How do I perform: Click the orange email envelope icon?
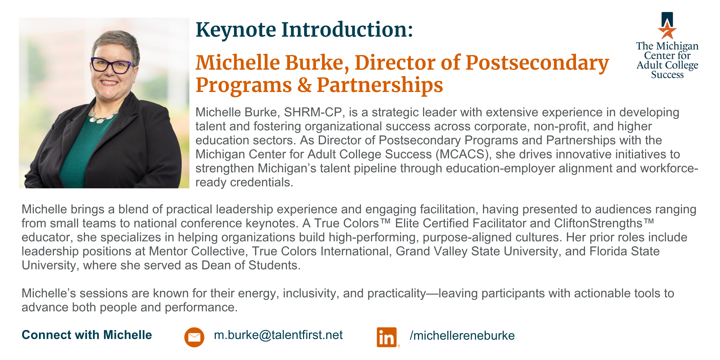pos(194,337)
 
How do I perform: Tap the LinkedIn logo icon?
pos(387,337)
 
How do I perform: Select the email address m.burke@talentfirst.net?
pos(278,335)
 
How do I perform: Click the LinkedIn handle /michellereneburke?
pos(462,335)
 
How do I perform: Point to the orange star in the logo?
pos(667,31)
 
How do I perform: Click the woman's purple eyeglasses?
pos(112,65)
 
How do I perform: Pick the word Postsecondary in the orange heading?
pos(537,63)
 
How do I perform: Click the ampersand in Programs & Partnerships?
pos(304,85)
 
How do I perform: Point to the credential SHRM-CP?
pos(313,113)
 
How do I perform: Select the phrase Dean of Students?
pos(251,265)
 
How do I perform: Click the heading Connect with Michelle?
pos(87,335)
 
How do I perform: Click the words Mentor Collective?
pos(197,251)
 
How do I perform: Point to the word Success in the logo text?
pos(667,75)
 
